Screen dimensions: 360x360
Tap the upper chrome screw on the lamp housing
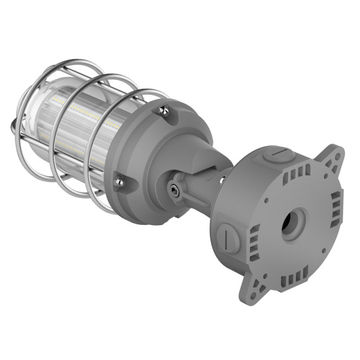click(164, 111)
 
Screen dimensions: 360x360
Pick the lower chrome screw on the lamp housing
click(119, 181)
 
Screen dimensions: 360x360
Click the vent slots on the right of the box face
click(336, 208)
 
